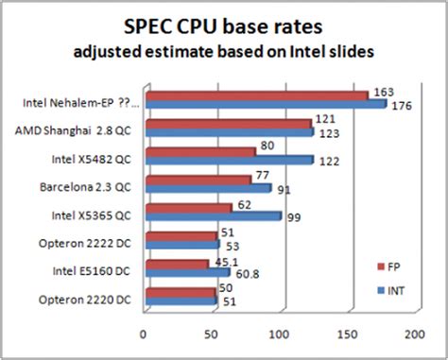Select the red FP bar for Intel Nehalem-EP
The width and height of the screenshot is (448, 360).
point(255,95)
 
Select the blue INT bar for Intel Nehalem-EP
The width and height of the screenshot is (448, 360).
point(265,104)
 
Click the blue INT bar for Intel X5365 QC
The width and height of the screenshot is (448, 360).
point(212,215)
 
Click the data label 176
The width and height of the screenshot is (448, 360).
point(401,105)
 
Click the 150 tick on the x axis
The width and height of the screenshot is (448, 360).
point(347,334)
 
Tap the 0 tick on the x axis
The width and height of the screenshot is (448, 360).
point(143,334)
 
